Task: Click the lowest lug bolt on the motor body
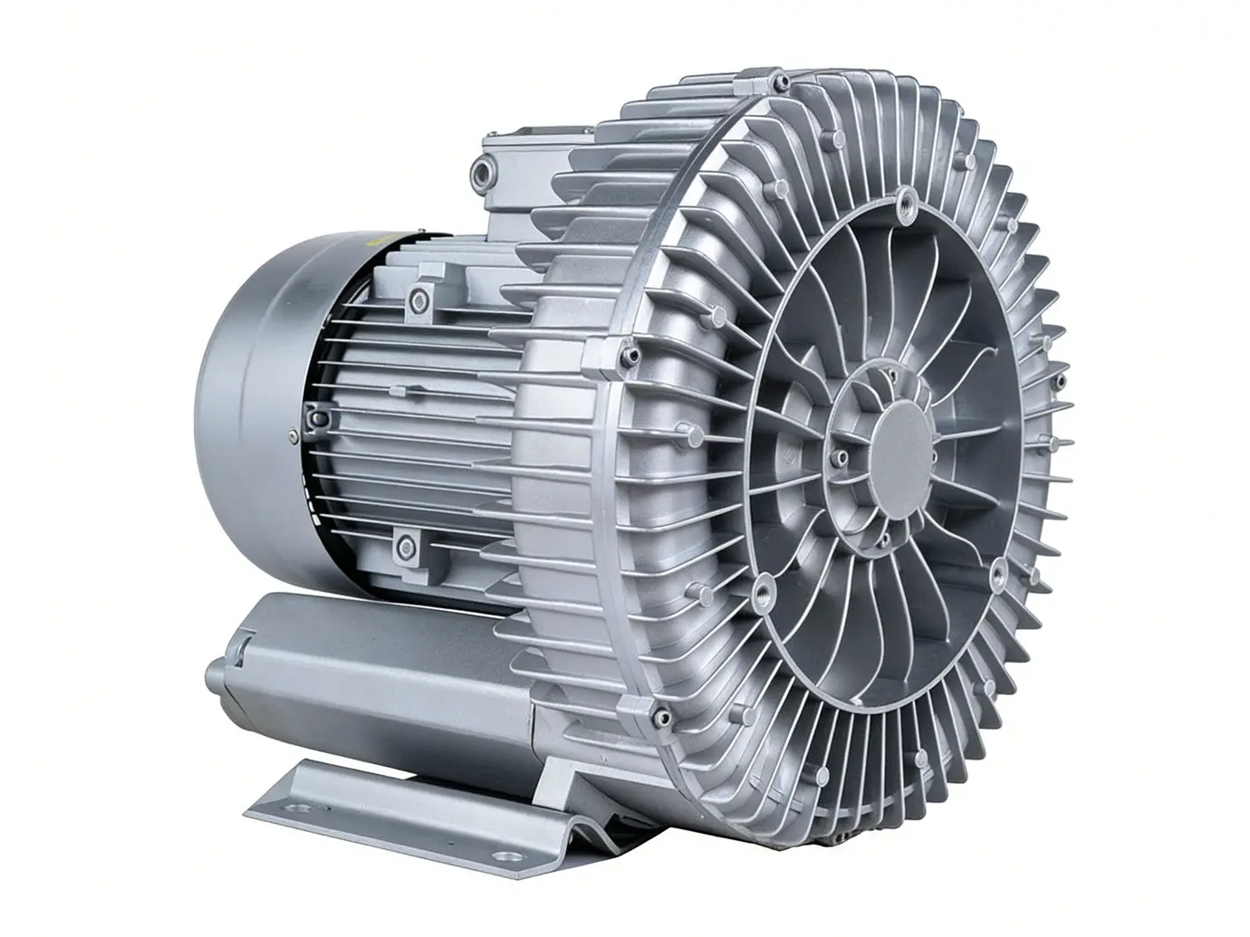[404, 545]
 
